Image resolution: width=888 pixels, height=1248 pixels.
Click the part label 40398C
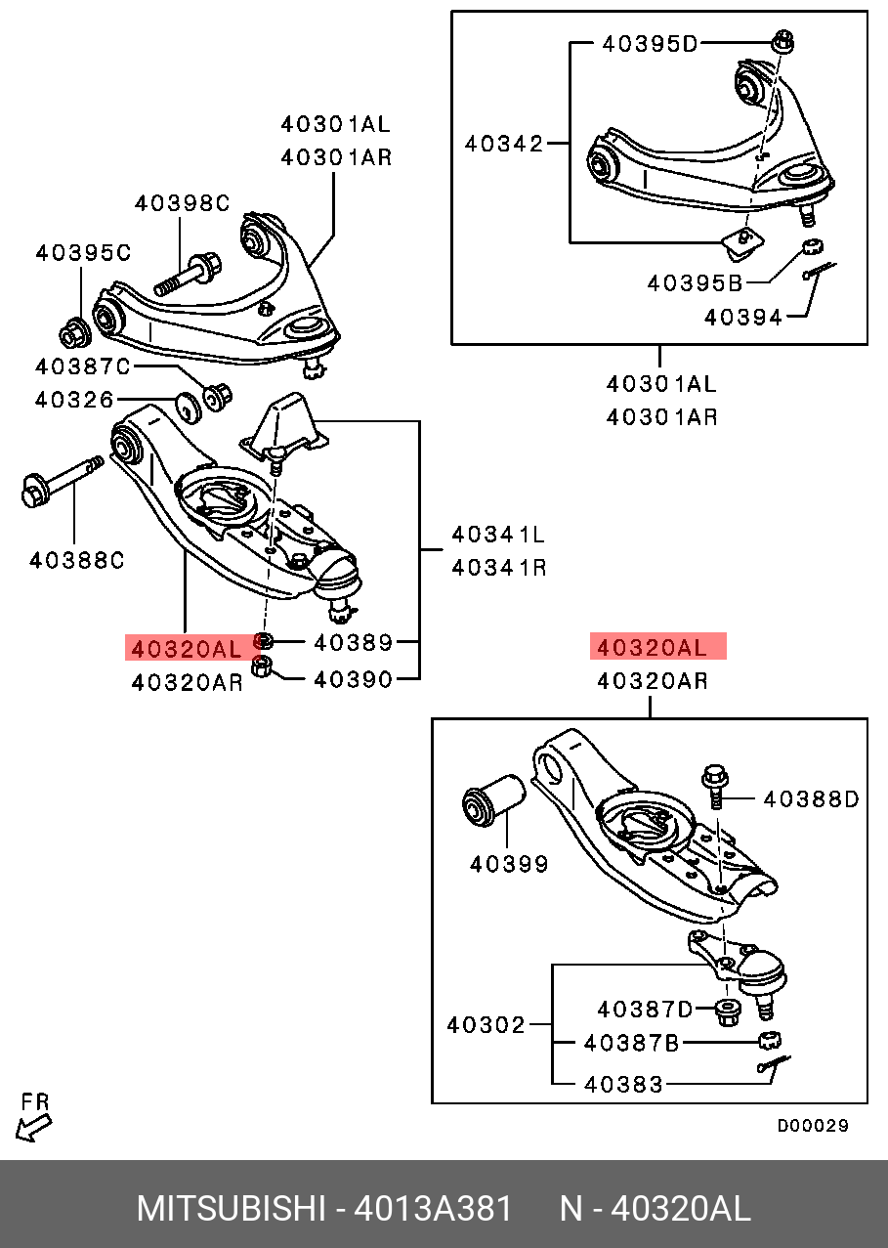(x=182, y=203)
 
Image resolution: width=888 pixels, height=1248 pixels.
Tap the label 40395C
(x=83, y=252)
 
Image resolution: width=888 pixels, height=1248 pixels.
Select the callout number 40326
(x=74, y=400)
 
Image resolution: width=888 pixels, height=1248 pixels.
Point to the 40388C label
(x=77, y=560)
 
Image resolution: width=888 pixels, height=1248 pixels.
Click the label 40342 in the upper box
(x=504, y=144)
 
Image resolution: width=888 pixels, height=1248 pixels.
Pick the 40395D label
(x=651, y=44)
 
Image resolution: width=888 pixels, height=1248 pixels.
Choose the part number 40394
(x=743, y=317)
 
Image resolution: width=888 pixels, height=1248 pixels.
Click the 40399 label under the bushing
(x=509, y=864)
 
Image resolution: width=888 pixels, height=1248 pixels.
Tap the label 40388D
(x=811, y=799)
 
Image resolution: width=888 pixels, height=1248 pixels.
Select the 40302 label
(x=486, y=1024)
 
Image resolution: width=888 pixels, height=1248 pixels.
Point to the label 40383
(x=624, y=1084)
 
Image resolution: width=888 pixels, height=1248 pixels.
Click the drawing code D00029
(x=813, y=1126)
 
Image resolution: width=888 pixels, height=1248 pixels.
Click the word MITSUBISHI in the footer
(x=230, y=1209)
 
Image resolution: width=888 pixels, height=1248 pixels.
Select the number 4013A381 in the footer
(x=433, y=1209)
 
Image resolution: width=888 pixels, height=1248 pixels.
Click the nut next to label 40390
(x=262, y=668)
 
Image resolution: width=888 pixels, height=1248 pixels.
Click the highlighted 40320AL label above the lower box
(x=657, y=647)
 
